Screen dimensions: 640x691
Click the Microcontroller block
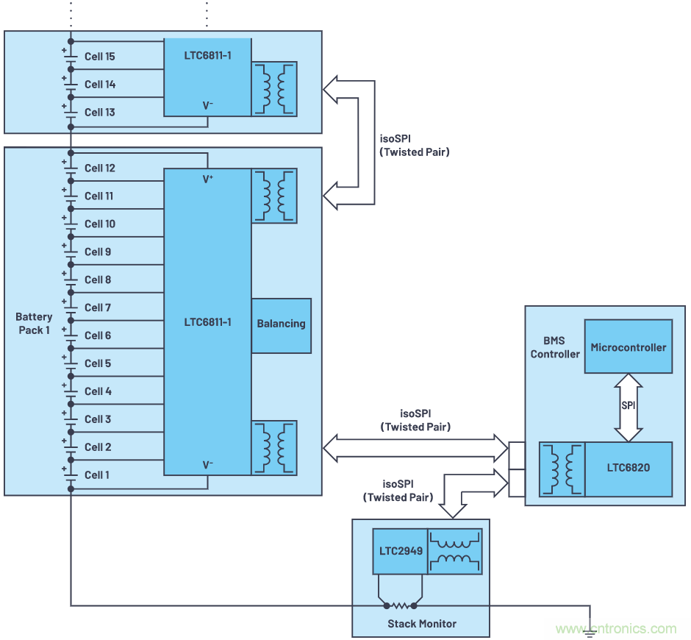point(628,347)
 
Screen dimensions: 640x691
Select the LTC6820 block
point(628,468)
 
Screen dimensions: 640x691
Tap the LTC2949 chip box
point(400,552)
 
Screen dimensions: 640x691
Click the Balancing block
point(281,324)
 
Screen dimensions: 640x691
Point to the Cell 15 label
point(100,57)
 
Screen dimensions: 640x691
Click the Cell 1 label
point(97,475)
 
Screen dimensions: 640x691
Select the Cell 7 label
point(97,307)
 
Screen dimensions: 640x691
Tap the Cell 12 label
point(100,168)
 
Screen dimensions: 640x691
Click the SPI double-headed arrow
point(628,406)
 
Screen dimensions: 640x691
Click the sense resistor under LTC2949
point(400,606)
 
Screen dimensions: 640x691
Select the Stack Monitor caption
point(422,624)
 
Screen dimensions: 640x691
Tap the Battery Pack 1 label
point(35,323)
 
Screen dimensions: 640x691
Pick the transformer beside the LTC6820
point(562,469)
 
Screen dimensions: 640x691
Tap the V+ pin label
point(208,178)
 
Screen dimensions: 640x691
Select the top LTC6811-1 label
point(208,54)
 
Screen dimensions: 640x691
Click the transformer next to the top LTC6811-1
point(274,89)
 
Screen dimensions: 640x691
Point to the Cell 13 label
point(100,113)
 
